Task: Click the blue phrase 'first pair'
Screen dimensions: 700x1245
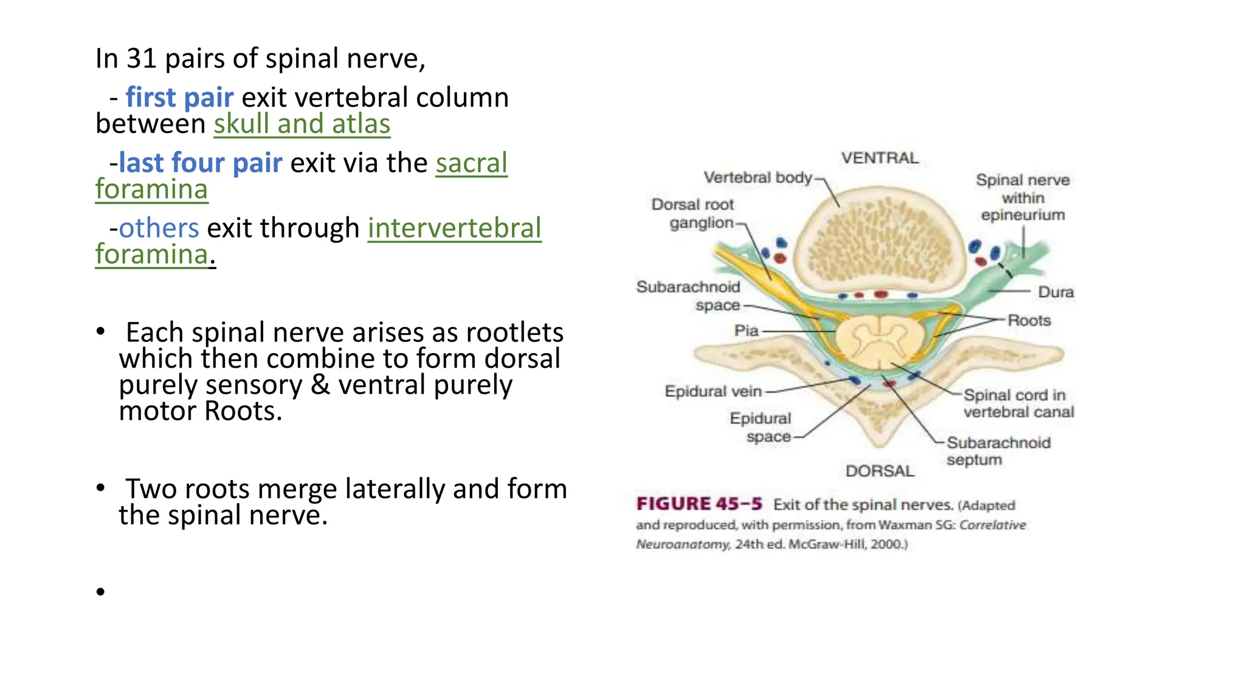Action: click(x=179, y=98)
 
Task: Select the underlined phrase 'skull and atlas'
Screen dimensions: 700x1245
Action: click(x=302, y=125)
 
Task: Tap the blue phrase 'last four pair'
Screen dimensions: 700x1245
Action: click(x=201, y=163)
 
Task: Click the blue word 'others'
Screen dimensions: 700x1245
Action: click(x=159, y=228)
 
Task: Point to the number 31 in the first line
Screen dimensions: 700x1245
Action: click(x=142, y=59)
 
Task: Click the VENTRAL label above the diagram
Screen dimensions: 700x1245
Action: click(x=880, y=158)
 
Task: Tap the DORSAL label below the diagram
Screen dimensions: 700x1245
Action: click(x=880, y=471)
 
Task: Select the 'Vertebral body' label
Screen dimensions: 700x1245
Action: click(x=757, y=177)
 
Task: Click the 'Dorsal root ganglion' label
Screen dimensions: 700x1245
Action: click(x=694, y=213)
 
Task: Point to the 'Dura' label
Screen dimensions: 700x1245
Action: click(x=1055, y=292)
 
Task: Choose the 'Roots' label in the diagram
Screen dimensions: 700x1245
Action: click(x=1029, y=320)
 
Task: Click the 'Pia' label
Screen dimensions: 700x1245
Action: click(x=746, y=331)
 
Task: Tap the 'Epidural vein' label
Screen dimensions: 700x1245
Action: click(x=712, y=391)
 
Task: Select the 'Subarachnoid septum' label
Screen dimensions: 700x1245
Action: click(x=998, y=451)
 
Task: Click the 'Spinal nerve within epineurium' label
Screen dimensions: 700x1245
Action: click(x=1023, y=197)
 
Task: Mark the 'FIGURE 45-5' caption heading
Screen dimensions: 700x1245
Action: click(x=699, y=504)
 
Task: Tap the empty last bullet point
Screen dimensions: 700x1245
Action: click(x=100, y=591)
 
